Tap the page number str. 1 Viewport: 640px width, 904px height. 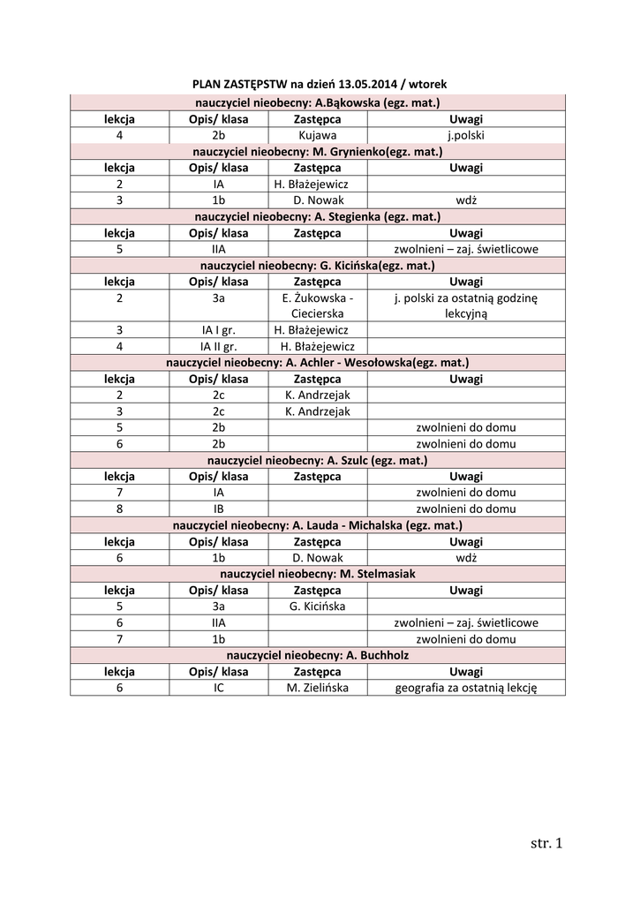point(546,843)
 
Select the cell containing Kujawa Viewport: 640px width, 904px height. point(318,136)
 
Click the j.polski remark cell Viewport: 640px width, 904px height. point(466,136)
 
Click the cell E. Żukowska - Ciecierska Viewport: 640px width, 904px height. point(318,305)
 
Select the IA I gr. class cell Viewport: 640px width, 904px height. point(219,330)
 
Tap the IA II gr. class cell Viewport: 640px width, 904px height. point(219,347)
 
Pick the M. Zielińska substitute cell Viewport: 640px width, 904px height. point(318,688)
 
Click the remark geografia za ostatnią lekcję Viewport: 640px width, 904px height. point(466,688)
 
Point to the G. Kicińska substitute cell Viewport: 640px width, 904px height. point(318,606)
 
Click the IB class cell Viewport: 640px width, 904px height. point(219,509)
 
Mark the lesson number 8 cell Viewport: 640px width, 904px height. point(119,509)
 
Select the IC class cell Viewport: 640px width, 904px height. point(219,688)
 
